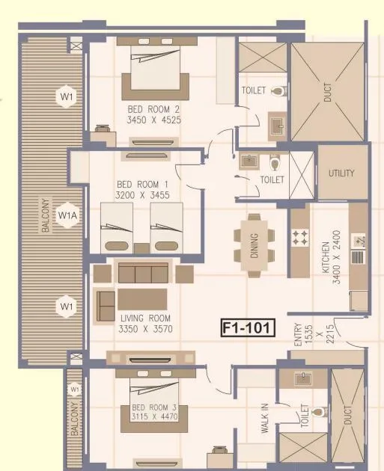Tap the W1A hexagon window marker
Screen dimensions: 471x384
coord(68,215)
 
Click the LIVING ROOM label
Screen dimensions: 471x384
coord(146,318)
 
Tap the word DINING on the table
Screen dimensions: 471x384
coord(255,244)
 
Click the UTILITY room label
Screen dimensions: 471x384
coord(341,173)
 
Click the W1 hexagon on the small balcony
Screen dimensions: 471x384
coord(74,390)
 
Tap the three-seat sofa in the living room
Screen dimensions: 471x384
coord(142,273)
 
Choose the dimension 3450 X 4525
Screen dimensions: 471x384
coord(153,119)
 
